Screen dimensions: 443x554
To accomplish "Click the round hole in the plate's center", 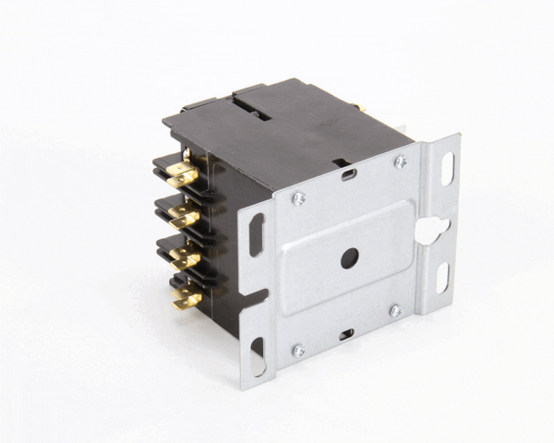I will click(349, 258).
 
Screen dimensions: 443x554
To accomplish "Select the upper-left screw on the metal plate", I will click(297, 198).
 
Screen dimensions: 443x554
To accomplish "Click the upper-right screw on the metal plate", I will click(400, 162).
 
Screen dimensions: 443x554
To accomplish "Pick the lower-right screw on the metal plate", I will click(394, 310).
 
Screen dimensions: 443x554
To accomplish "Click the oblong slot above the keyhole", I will click(447, 168).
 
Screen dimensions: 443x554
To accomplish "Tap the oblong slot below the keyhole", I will click(441, 277).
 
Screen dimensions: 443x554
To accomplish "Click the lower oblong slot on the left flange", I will click(257, 355).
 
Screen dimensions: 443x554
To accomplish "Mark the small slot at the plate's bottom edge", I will click(345, 333).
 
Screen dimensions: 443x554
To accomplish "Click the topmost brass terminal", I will click(182, 174).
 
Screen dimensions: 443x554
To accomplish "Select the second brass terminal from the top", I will click(184, 217).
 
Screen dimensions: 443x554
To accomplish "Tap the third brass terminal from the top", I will click(185, 257).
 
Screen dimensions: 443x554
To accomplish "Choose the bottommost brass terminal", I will click(187, 296).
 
